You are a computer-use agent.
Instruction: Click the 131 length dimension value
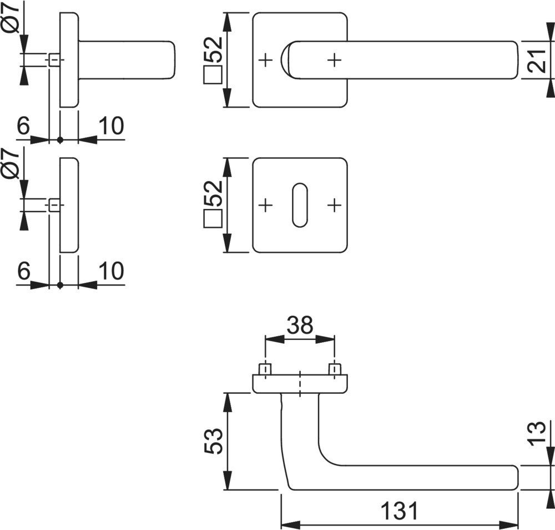click(399, 511)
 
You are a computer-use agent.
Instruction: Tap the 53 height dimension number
click(214, 441)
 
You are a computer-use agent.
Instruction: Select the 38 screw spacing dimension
click(300, 324)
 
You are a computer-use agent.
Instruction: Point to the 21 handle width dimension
click(535, 60)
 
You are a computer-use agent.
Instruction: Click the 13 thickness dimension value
click(535, 435)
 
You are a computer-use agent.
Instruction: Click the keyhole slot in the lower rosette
click(300, 204)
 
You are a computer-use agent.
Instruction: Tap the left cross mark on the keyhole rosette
click(266, 206)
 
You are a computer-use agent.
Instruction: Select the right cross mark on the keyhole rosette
click(334, 206)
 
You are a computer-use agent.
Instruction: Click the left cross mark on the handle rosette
click(266, 59)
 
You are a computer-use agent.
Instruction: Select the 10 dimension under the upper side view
click(111, 127)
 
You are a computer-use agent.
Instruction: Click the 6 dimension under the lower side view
click(23, 272)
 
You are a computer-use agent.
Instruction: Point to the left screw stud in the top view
click(266, 369)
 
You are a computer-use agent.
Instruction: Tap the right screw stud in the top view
click(334, 369)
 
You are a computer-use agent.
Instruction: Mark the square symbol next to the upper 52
click(213, 74)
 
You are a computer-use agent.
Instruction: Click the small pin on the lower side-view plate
click(54, 206)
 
